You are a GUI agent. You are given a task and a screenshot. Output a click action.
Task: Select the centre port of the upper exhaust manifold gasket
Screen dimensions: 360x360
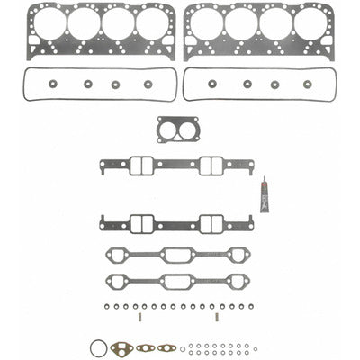(179, 256)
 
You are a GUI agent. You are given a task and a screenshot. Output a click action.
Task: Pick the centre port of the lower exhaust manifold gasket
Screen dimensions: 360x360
(179, 282)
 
